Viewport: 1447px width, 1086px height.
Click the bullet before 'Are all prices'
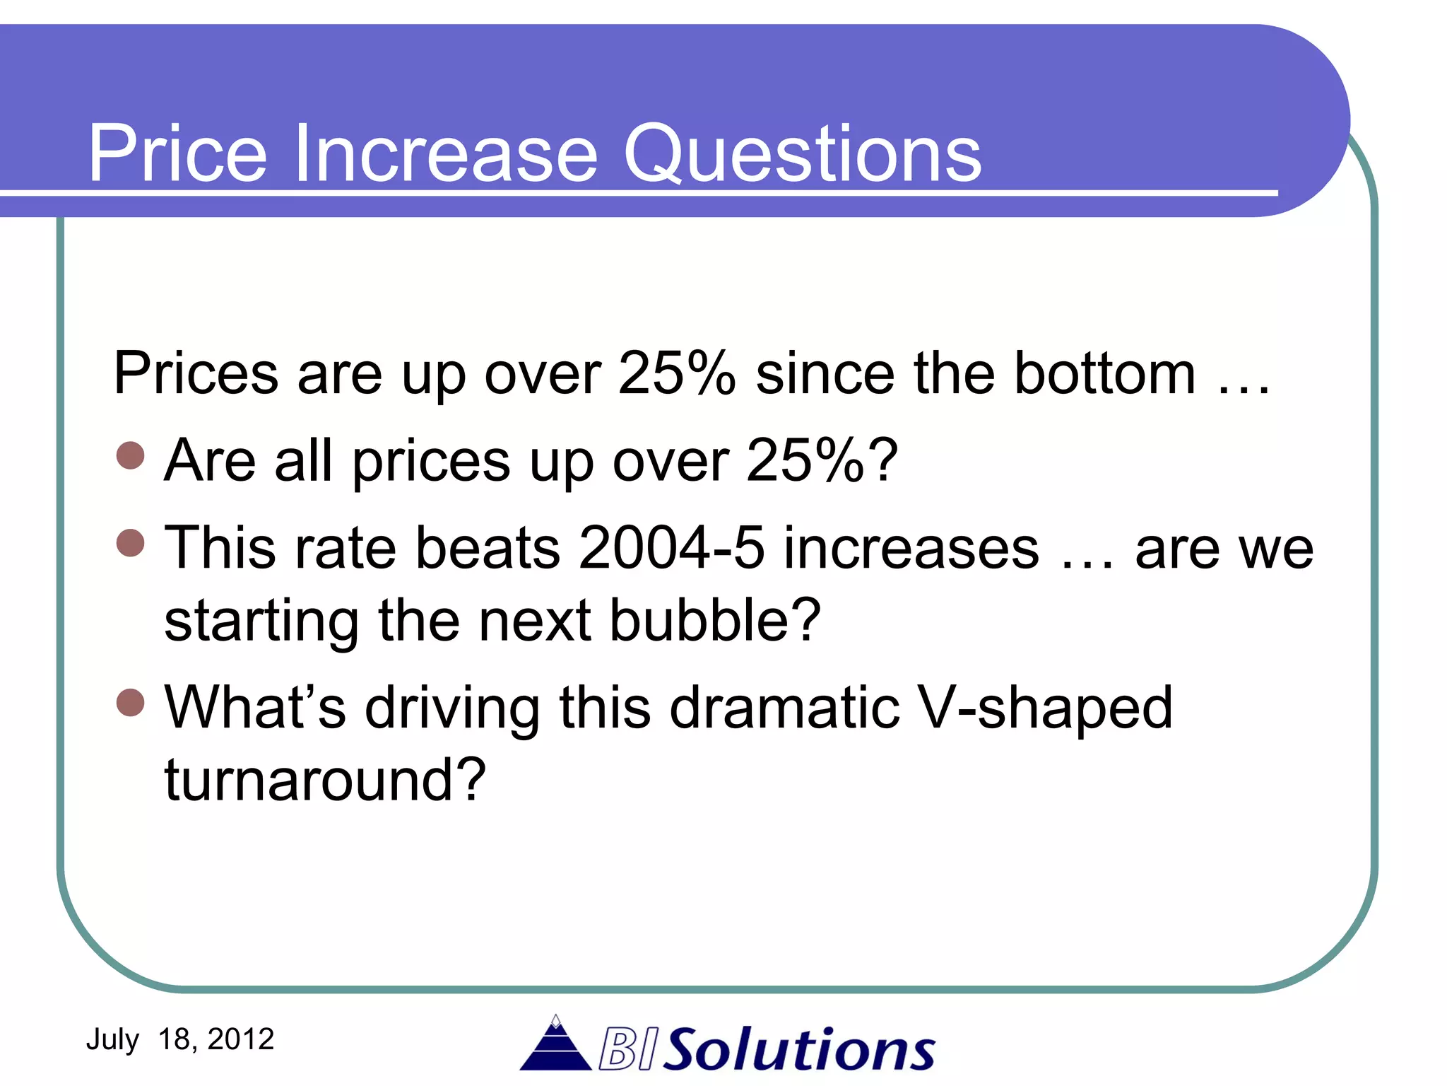tap(130, 456)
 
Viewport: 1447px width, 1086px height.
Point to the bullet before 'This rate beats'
tap(130, 544)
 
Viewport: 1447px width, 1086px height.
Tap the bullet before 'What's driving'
tap(130, 703)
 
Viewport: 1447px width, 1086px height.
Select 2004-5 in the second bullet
tap(671, 548)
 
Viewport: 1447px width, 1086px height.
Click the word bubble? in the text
tap(714, 621)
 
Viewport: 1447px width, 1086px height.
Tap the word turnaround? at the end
tap(325, 780)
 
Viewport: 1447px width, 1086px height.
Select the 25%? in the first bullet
tap(822, 460)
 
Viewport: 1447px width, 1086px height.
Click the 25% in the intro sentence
tap(676, 373)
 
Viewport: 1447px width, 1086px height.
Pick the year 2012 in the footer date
tap(240, 1039)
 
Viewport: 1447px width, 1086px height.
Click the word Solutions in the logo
tap(801, 1049)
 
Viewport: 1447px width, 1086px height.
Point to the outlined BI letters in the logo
tap(628, 1050)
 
